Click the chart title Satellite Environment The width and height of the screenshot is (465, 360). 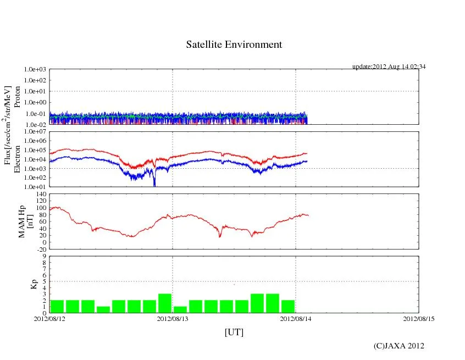point(234,45)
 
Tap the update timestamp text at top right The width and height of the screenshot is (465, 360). point(389,67)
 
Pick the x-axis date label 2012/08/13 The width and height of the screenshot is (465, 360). point(173,319)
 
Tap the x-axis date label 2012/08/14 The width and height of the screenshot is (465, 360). point(296,319)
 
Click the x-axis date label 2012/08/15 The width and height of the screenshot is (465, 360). point(419,319)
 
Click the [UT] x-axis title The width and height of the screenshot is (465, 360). point(234,333)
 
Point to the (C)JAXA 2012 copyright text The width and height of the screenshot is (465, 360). point(398,346)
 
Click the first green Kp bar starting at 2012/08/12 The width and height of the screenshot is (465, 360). point(57,306)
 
